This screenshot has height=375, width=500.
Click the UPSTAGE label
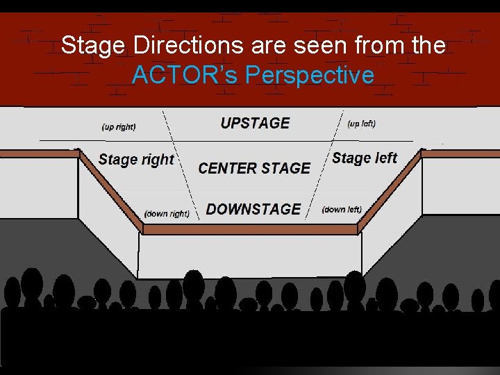[x=255, y=123]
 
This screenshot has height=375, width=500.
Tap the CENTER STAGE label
[x=254, y=168]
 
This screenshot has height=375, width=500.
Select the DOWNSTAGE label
[x=253, y=209]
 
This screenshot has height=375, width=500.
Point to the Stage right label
[x=136, y=160]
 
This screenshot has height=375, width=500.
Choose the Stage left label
[x=365, y=158]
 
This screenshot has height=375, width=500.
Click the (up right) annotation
[x=119, y=127]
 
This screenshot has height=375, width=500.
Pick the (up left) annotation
[x=362, y=124]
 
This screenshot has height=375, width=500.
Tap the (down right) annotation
[x=167, y=214]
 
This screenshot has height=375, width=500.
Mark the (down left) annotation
[x=342, y=209]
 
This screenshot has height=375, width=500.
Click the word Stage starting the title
[x=91, y=46]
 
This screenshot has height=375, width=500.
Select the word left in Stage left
[x=383, y=158]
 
